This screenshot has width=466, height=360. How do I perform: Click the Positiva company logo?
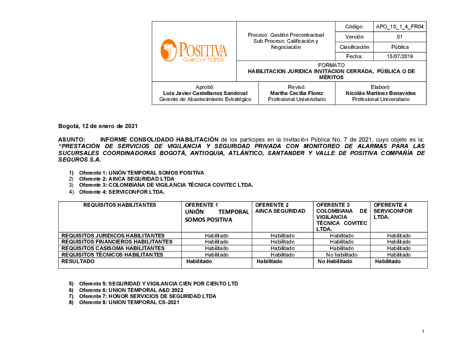[194, 51]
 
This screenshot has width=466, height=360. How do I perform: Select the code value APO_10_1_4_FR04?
[400, 27]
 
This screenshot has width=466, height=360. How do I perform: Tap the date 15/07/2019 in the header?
[400, 56]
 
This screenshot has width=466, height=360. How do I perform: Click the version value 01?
[400, 37]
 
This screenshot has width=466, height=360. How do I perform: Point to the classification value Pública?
[400, 47]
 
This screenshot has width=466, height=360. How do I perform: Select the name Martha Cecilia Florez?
[297, 93]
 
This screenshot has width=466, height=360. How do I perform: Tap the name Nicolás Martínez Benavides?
[381, 93]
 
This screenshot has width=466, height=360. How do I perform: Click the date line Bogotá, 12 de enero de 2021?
[98, 126]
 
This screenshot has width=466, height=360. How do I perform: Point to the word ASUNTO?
[71, 139]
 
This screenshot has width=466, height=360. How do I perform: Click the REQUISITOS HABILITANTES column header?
[120, 205]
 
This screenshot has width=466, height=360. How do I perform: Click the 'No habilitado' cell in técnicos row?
[342, 255]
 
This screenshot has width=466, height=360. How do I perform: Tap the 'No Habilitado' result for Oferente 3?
[335, 262]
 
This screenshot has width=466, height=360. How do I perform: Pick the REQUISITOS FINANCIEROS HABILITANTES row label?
[117, 242]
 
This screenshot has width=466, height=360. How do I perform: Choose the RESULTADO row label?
[78, 262]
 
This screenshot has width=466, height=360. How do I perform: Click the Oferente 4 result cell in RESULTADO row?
[388, 262]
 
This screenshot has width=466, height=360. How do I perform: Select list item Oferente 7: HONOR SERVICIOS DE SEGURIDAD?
[147, 296]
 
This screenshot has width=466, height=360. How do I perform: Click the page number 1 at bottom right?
[423, 332]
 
